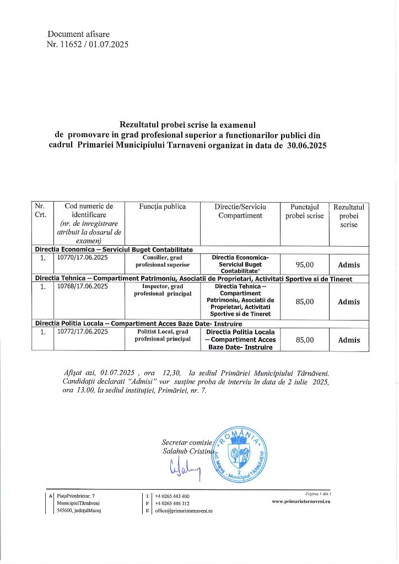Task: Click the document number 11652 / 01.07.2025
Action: (88, 45)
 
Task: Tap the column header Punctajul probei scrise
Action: (305, 211)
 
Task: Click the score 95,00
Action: (305, 264)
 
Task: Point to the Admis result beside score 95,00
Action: (349, 265)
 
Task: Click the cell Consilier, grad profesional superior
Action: (163, 261)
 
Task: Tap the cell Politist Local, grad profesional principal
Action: (163, 335)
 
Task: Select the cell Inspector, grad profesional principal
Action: (163, 290)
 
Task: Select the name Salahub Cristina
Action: (180, 451)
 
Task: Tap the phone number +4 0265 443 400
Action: (172, 496)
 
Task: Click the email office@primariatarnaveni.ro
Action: (184, 511)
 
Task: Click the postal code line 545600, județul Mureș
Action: (79, 511)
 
